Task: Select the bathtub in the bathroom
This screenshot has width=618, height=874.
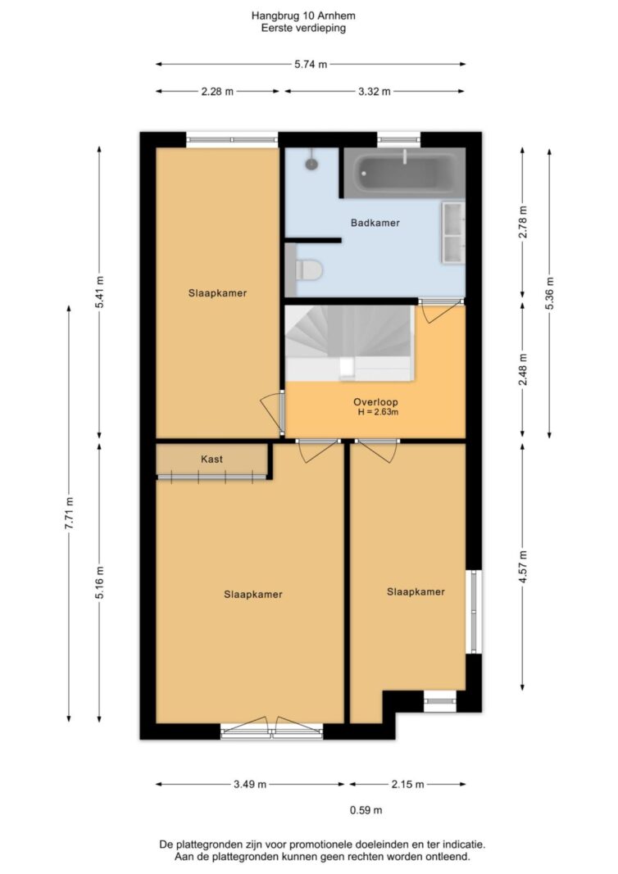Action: (404, 173)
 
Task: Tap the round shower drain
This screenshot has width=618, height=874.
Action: (311, 163)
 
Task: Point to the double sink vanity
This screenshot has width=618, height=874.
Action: (453, 232)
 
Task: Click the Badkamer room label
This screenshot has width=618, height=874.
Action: (375, 223)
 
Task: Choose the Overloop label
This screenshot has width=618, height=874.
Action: (375, 402)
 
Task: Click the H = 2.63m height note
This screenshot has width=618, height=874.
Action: (378, 413)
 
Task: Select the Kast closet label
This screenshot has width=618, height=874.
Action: (211, 460)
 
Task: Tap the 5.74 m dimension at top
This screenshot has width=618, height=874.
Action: (311, 64)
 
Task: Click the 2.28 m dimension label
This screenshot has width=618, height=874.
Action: (217, 92)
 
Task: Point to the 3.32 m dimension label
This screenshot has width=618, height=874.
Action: (375, 92)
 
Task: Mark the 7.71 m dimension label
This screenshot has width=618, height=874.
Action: (69, 514)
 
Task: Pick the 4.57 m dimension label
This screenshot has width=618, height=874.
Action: (523, 566)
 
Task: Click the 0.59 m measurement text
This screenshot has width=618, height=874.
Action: (366, 810)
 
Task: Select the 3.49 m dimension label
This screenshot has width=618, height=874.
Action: (250, 784)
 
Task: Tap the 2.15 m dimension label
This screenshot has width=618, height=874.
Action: (407, 784)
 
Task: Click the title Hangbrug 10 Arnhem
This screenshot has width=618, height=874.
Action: (303, 16)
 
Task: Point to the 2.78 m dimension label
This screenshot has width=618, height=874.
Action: (523, 222)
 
